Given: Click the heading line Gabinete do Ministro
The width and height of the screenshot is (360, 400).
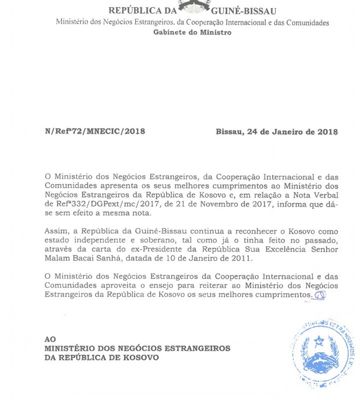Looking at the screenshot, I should tap(192, 32).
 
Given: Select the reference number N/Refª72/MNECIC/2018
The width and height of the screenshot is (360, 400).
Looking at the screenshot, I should tap(94, 131).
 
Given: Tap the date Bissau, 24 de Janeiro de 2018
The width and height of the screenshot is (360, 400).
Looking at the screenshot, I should tap(277, 132).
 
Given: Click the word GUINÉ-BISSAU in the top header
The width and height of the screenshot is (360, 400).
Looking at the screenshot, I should tap(244, 11).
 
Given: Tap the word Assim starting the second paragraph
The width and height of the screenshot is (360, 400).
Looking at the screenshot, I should tap(55, 232).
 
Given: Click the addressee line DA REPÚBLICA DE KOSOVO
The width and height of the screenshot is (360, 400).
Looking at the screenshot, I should tap(102, 357).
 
